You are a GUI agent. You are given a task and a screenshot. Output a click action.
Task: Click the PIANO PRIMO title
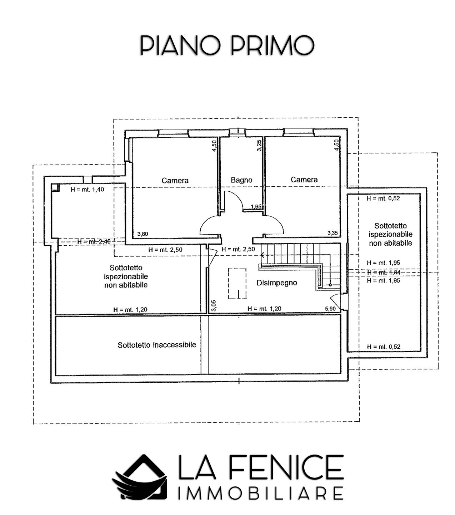tap(227, 45)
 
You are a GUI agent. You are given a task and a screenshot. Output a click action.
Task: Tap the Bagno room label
tap(241, 180)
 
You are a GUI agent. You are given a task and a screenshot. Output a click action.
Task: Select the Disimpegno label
tap(277, 283)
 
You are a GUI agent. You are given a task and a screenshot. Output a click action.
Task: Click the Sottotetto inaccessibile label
tap(157, 345)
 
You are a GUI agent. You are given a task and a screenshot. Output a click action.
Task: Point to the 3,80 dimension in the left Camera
tap(143, 234)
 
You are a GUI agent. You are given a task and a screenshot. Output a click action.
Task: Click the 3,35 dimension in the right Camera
tap(332, 233)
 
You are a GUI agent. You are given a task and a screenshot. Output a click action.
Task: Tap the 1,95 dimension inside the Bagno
tap(256, 207)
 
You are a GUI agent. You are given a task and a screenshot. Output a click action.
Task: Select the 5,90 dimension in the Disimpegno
tap(330, 309)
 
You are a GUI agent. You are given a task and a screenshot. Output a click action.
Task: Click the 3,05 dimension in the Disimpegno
tap(214, 305)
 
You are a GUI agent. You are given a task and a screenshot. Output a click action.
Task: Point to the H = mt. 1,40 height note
tap(87, 190)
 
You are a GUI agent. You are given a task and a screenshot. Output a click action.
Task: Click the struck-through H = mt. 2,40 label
tap(94, 241)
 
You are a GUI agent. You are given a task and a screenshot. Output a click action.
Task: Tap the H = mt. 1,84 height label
tap(384, 273)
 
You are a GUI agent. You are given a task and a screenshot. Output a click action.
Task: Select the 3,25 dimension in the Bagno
tap(259, 146)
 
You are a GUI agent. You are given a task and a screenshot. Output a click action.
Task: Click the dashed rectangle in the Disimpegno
tap(237, 283)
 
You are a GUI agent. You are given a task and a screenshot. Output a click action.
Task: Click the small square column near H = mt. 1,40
tap(55, 188)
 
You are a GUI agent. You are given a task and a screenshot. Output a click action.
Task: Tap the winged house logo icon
tap(140, 477)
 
